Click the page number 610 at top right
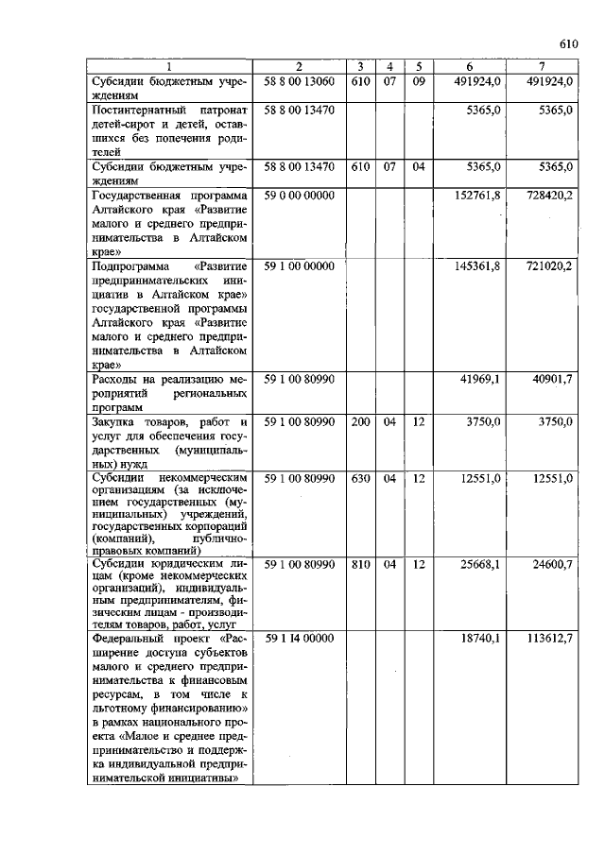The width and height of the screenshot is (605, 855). pos(567,43)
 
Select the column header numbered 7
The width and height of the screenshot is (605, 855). pos(541,66)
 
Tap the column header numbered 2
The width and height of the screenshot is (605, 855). pos(299,66)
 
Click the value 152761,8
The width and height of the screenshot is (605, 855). pos(481,195)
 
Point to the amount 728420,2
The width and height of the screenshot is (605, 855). pos(550,195)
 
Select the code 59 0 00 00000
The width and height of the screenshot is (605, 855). pos(299,195)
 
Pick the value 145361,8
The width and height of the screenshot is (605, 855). pos(481,266)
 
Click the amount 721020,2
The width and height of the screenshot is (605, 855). pos(550,266)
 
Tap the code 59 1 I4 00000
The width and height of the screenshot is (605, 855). pos(299,639)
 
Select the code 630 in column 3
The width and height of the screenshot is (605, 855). pos(360,479)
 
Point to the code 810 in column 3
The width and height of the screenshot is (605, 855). pos(360,564)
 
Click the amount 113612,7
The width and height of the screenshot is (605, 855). pos(550,639)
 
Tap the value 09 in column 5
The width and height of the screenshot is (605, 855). pos(418,81)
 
